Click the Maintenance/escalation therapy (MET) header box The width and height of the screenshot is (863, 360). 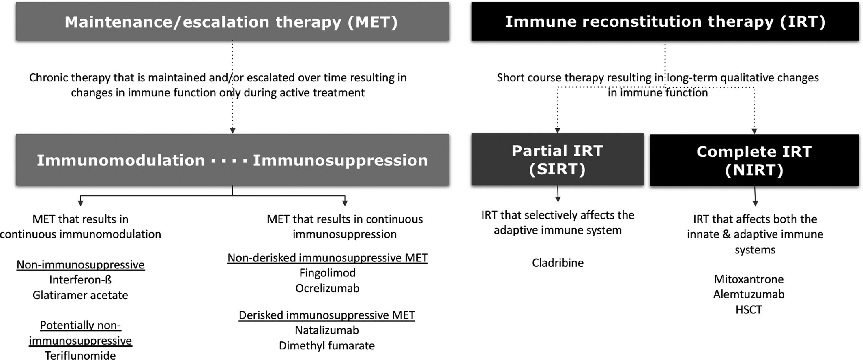(232, 21)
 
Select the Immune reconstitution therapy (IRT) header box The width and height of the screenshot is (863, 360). (665, 21)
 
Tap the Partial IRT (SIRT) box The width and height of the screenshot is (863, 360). (558, 160)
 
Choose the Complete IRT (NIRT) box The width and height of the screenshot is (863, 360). (754, 161)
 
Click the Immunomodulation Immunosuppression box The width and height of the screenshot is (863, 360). (232, 160)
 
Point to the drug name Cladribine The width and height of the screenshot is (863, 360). (558, 263)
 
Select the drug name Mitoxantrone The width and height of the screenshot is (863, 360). (749, 279)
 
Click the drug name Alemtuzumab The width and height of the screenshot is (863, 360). (749, 294)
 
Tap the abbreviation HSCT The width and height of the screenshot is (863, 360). (749, 310)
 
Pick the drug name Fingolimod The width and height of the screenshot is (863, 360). (327, 273)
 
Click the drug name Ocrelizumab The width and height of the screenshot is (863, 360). (327, 288)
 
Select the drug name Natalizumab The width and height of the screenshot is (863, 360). (327, 330)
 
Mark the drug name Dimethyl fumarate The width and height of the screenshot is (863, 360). (327, 346)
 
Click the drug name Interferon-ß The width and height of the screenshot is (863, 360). (80, 280)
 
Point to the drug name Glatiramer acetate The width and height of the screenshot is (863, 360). (80, 295)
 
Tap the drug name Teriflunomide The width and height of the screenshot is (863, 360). (80, 355)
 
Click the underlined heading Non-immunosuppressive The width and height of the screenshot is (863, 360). (80, 265)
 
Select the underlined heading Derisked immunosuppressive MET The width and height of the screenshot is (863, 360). (327, 315)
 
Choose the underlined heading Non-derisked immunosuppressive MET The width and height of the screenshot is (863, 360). (327, 258)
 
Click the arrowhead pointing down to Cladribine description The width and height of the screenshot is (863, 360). (558, 199)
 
